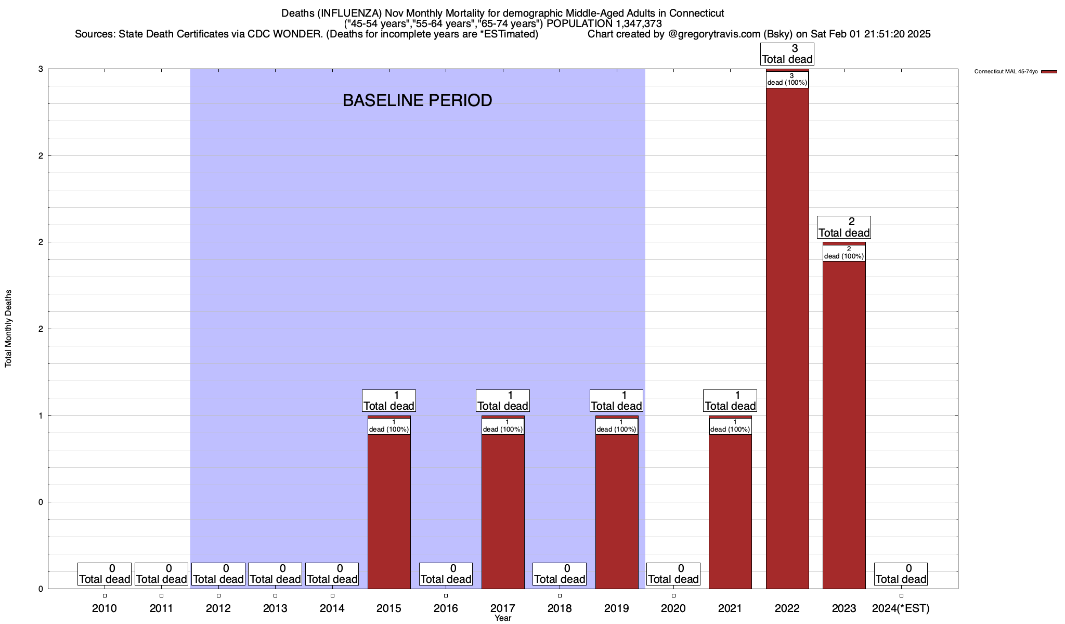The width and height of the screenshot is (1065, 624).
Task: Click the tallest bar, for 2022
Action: click(787, 338)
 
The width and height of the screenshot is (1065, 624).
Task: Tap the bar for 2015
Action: click(389, 510)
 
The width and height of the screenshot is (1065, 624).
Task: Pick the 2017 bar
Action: click(503, 510)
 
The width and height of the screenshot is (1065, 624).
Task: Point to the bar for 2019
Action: click(617, 510)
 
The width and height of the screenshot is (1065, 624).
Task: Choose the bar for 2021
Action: click(730, 510)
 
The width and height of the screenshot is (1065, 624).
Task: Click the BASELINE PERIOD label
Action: click(417, 100)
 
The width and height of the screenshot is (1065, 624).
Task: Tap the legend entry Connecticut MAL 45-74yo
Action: click(1006, 72)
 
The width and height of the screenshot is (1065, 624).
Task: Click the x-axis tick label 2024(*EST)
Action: click(901, 608)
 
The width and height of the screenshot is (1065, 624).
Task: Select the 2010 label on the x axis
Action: click(105, 608)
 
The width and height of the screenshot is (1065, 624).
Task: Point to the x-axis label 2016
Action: click(446, 608)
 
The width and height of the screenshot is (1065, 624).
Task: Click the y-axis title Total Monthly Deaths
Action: click(8, 328)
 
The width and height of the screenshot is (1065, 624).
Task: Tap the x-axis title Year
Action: click(503, 618)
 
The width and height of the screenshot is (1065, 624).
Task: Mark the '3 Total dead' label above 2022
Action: click(787, 54)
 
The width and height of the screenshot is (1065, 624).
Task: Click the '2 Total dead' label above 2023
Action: click(844, 227)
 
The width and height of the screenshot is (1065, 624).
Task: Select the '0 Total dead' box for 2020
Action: click(673, 574)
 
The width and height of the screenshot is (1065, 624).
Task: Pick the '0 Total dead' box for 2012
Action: click(218, 574)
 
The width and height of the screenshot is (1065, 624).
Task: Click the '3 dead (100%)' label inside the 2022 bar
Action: click(787, 80)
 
